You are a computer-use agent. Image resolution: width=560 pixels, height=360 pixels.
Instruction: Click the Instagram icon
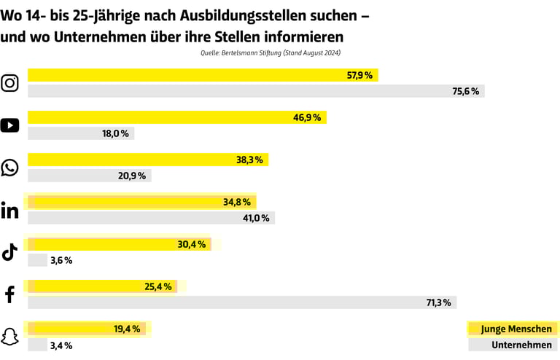(10, 83)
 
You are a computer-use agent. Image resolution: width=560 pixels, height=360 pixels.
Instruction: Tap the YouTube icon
(10, 125)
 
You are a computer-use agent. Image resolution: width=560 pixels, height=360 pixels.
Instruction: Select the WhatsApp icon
(10, 168)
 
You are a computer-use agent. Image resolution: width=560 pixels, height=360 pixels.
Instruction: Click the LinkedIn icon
(10, 211)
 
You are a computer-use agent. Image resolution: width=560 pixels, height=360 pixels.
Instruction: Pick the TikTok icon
(10, 252)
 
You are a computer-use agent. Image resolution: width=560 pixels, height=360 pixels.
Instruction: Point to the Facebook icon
(10, 294)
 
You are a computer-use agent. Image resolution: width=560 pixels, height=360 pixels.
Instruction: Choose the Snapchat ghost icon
(10, 337)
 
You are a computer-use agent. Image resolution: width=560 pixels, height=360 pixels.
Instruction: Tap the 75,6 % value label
(466, 91)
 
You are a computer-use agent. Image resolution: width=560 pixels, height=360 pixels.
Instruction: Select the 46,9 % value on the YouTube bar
(308, 117)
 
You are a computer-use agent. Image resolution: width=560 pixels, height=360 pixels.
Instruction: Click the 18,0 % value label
(115, 133)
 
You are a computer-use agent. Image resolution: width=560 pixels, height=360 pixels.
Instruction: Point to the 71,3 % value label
(438, 302)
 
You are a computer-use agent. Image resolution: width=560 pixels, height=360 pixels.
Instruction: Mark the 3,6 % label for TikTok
(61, 260)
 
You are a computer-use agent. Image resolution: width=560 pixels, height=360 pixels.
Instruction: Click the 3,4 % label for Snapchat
(61, 345)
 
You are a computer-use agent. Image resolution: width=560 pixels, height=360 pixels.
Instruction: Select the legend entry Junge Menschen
(516, 329)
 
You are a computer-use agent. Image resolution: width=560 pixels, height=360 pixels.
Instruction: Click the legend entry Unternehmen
(521, 345)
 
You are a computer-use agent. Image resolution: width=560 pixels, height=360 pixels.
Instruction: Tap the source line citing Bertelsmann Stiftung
(271, 53)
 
